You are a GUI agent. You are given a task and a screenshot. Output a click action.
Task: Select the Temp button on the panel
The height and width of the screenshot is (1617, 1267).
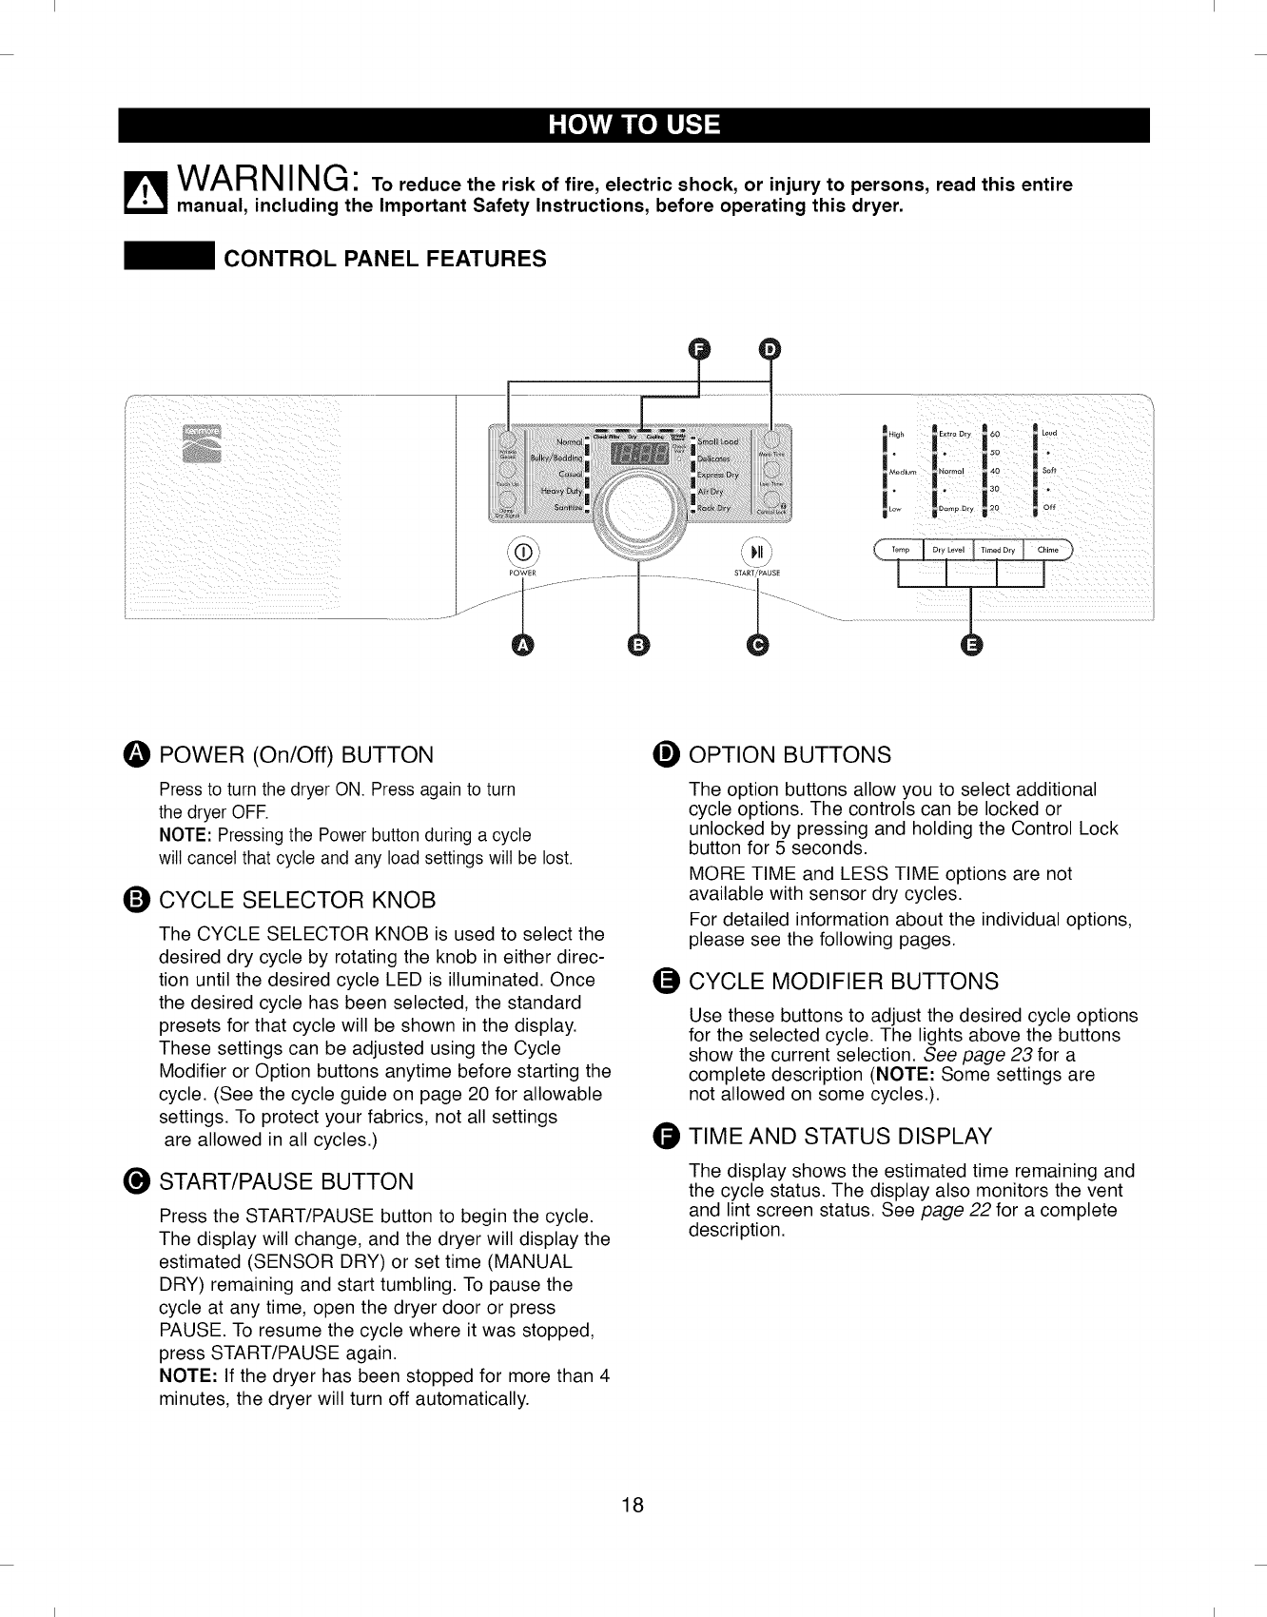[x=900, y=550]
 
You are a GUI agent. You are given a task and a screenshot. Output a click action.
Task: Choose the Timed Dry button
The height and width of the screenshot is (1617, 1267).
[x=998, y=550]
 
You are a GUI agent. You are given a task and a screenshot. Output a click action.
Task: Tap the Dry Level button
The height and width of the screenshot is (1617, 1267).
[x=948, y=550]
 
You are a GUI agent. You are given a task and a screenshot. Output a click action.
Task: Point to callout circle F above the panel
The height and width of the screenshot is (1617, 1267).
[x=699, y=349]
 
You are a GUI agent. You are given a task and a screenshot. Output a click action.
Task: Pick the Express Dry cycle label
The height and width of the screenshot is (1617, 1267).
[x=718, y=474]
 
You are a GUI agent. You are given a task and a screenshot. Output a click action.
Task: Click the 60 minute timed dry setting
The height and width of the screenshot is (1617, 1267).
[x=995, y=435]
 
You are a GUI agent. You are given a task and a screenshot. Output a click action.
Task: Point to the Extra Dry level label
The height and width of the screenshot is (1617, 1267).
[x=954, y=435]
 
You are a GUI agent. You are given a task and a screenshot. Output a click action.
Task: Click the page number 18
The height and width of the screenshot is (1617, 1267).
[x=633, y=1505]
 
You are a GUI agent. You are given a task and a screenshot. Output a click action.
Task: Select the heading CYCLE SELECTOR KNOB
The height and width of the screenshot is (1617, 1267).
[x=297, y=900]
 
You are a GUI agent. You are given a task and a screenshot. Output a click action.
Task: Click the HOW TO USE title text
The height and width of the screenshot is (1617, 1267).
[x=633, y=126]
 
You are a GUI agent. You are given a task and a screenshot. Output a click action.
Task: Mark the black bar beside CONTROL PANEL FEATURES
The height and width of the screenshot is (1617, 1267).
[x=168, y=258]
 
